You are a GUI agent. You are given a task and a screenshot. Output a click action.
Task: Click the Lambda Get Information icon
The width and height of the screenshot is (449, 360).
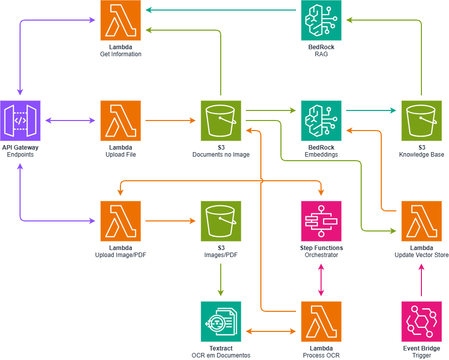(120, 20)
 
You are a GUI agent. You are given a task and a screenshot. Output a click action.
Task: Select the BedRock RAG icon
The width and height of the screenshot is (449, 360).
(321, 20)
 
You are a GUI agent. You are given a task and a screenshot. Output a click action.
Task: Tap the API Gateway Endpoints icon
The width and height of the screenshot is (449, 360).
(20, 121)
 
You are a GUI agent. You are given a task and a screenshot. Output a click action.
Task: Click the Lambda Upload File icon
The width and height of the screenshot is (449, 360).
(120, 121)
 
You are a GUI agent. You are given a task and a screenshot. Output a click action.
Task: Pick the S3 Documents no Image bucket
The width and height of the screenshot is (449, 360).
(221, 121)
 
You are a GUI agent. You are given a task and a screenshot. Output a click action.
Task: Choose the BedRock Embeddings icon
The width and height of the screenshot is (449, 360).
(321, 121)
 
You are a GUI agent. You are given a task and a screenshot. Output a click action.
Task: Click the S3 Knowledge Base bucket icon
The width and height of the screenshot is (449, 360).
(421, 121)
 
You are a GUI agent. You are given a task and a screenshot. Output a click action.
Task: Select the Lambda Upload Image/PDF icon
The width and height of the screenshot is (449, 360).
(120, 221)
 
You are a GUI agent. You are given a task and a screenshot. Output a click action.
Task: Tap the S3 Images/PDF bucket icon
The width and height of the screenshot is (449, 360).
(221, 221)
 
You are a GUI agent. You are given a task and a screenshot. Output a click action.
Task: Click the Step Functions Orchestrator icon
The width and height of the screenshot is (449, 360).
(321, 221)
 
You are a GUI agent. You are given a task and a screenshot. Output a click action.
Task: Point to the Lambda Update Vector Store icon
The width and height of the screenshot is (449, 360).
(421, 221)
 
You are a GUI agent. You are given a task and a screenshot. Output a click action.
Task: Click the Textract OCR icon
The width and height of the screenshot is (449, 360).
(221, 321)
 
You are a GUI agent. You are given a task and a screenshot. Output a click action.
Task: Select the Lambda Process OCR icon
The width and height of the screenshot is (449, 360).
(321, 321)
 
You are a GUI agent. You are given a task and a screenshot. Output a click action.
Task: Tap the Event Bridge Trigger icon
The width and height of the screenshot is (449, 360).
(421, 321)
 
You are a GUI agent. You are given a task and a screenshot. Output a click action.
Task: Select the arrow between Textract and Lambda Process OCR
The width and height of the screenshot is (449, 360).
(271, 331)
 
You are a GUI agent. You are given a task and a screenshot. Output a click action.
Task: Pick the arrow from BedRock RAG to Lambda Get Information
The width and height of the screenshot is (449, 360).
(221, 10)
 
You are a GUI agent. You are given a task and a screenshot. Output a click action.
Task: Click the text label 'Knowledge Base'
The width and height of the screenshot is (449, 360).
(421, 155)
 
